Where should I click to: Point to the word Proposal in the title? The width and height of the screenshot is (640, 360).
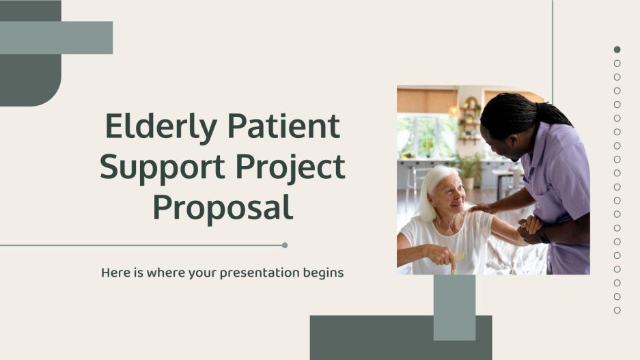click(x=223, y=207)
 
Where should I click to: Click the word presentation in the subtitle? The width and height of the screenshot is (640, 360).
click(x=253, y=273)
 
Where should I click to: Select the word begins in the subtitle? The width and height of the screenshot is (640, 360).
click(x=324, y=273)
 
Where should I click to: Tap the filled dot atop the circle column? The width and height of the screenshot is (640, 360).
click(x=617, y=50)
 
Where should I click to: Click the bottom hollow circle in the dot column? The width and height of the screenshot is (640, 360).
click(x=617, y=310)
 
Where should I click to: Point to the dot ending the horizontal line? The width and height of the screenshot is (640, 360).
click(x=285, y=245)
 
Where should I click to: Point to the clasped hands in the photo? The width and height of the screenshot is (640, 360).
click(x=529, y=228)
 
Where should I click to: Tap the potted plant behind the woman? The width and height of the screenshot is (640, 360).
click(x=470, y=167)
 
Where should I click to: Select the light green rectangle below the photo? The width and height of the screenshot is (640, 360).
click(x=454, y=307)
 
